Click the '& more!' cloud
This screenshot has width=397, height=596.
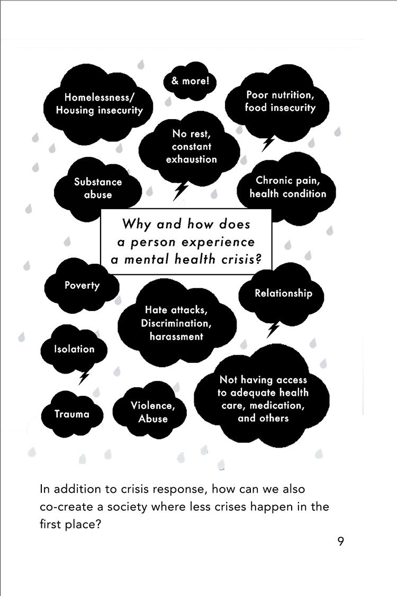point(190,82)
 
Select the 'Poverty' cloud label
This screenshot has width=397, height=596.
point(82,286)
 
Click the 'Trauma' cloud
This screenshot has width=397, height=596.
point(72,414)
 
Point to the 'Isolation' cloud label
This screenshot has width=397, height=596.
point(74,349)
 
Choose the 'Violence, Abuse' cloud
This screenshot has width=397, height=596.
point(152,412)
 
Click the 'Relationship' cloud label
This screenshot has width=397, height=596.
point(283,293)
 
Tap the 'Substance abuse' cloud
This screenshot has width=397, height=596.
point(98,188)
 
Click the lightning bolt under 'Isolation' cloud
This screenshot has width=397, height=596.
point(84,378)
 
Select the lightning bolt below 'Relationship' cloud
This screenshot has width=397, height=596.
point(273,330)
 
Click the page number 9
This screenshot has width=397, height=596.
point(340,541)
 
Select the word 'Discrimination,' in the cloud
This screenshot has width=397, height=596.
point(176,323)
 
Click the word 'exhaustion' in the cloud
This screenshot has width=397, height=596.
point(191,159)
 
